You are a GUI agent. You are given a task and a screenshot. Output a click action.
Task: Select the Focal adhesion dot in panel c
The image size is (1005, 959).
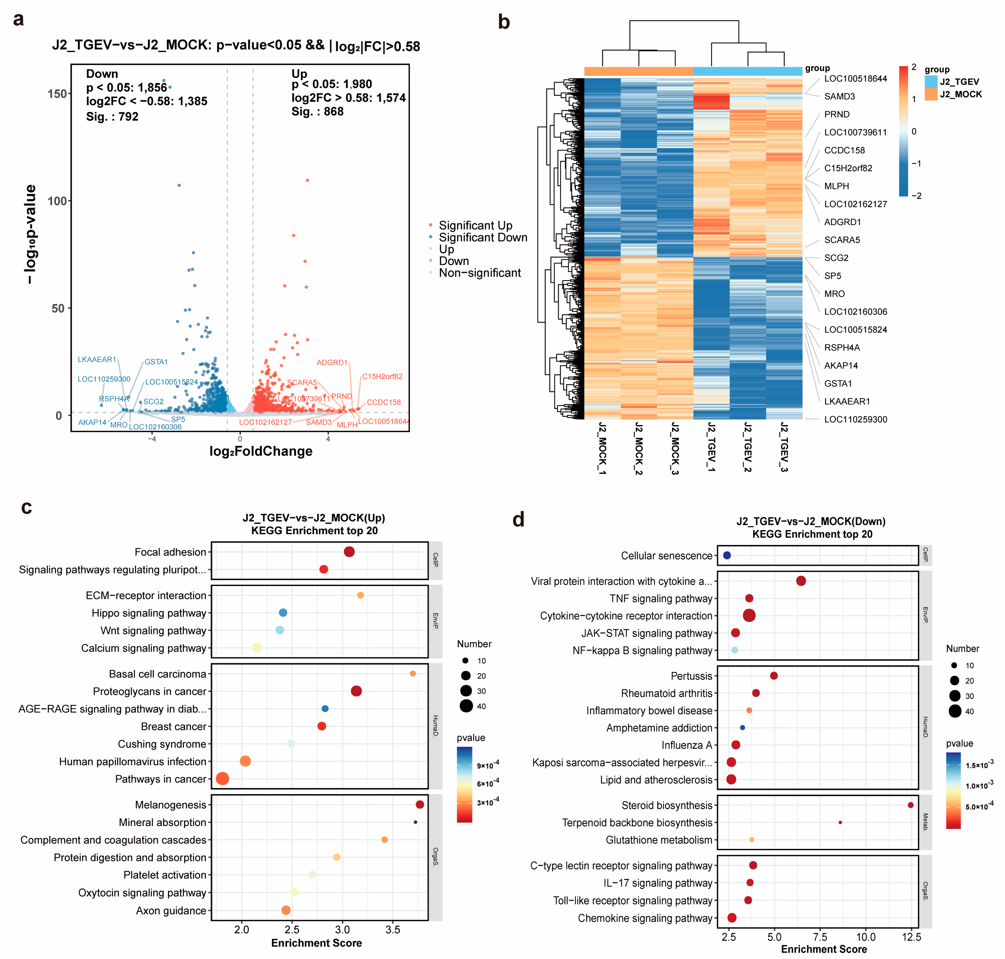tap(349, 552)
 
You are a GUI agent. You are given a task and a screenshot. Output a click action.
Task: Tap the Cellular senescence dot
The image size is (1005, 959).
tap(727, 555)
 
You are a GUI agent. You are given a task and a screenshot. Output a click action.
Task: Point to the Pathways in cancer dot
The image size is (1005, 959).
tap(222, 778)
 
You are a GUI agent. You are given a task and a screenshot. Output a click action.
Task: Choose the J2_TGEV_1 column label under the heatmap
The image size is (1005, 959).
tap(711, 447)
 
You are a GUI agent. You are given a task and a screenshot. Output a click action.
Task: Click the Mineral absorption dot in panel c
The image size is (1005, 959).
tap(415, 822)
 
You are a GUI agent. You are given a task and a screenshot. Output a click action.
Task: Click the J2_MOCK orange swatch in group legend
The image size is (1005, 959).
tap(931, 94)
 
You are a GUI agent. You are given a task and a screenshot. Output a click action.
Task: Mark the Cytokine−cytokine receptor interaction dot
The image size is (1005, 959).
tap(749, 615)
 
